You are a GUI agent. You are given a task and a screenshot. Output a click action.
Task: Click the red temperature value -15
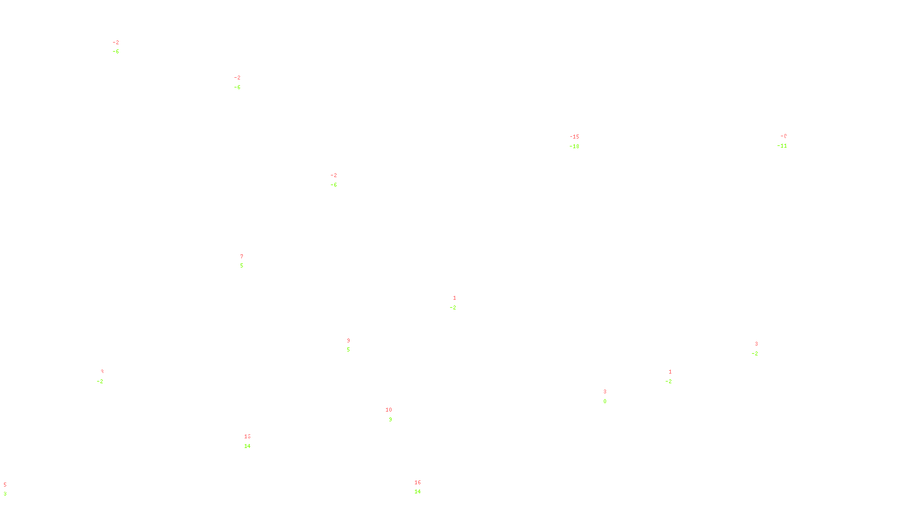(x=575, y=137)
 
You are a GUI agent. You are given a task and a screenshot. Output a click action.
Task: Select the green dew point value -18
(x=575, y=146)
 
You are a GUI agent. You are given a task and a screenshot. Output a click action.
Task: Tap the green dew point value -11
(x=782, y=146)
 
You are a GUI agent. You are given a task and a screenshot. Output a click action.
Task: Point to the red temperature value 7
(x=242, y=257)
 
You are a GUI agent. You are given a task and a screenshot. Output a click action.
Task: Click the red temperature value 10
(x=389, y=410)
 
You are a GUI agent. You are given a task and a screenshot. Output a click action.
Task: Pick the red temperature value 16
(x=418, y=483)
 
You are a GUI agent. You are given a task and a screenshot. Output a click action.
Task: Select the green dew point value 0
(x=605, y=401)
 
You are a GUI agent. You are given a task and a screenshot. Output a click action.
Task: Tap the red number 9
(x=348, y=341)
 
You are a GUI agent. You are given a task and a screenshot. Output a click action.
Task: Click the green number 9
(x=390, y=420)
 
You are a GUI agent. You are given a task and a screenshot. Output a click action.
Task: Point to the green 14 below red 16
(x=418, y=492)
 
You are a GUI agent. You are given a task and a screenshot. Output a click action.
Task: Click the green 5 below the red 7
(x=242, y=266)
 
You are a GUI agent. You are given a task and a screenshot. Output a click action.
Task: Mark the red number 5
(x=5, y=485)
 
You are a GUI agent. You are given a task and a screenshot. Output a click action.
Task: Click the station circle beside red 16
(x=423, y=487)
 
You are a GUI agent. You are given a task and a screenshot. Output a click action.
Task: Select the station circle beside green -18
(x=582, y=142)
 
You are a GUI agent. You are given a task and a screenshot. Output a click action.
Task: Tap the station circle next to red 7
(x=245, y=261)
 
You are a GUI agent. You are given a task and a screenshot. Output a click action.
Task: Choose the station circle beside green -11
(x=789, y=141)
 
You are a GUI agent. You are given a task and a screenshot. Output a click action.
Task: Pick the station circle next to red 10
(x=394, y=415)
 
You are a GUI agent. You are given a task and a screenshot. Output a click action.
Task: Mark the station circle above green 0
(x=608, y=396)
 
